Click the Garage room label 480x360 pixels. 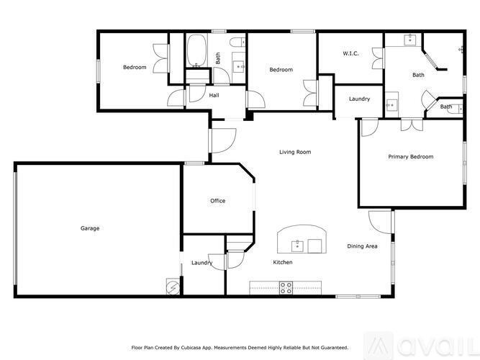[90, 228]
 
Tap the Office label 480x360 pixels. [217, 201]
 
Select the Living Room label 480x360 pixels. [295, 152]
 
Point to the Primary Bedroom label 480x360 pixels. [411, 156]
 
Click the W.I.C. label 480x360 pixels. [350, 53]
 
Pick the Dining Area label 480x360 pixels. [362, 246]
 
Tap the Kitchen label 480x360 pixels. [283, 262]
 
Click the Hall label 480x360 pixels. [214, 95]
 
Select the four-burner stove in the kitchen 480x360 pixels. [286, 288]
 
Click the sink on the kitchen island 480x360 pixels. [297, 246]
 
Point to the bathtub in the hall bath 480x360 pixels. [196, 50]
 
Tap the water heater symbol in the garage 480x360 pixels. [173, 287]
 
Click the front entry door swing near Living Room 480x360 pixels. [223, 140]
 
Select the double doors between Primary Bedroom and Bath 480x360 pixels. [412, 125]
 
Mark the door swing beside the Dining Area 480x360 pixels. [380, 222]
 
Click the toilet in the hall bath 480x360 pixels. [237, 42]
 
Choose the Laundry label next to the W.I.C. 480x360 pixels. [359, 99]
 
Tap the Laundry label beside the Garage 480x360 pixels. [201, 263]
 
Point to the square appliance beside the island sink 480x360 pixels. [314, 246]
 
